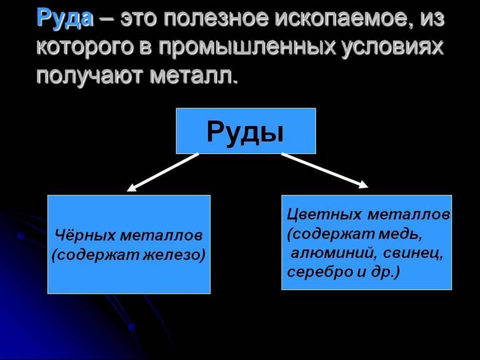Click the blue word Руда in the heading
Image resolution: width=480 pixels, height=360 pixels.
point(65,18)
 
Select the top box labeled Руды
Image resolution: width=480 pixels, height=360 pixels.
point(246,131)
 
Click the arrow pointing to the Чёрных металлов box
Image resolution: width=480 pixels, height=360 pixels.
point(163,172)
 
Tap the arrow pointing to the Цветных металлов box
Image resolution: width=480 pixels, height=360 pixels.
point(325,170)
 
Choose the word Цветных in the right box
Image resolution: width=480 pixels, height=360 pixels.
point(324,214)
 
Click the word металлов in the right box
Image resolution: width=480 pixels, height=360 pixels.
point(409,214)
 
